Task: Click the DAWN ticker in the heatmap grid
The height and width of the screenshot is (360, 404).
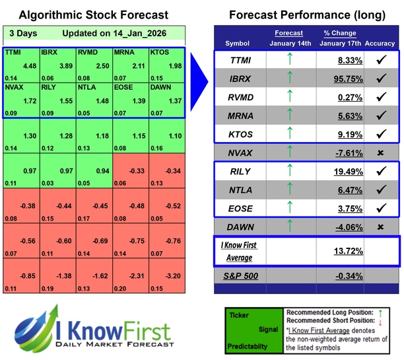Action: tap(161, 86)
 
